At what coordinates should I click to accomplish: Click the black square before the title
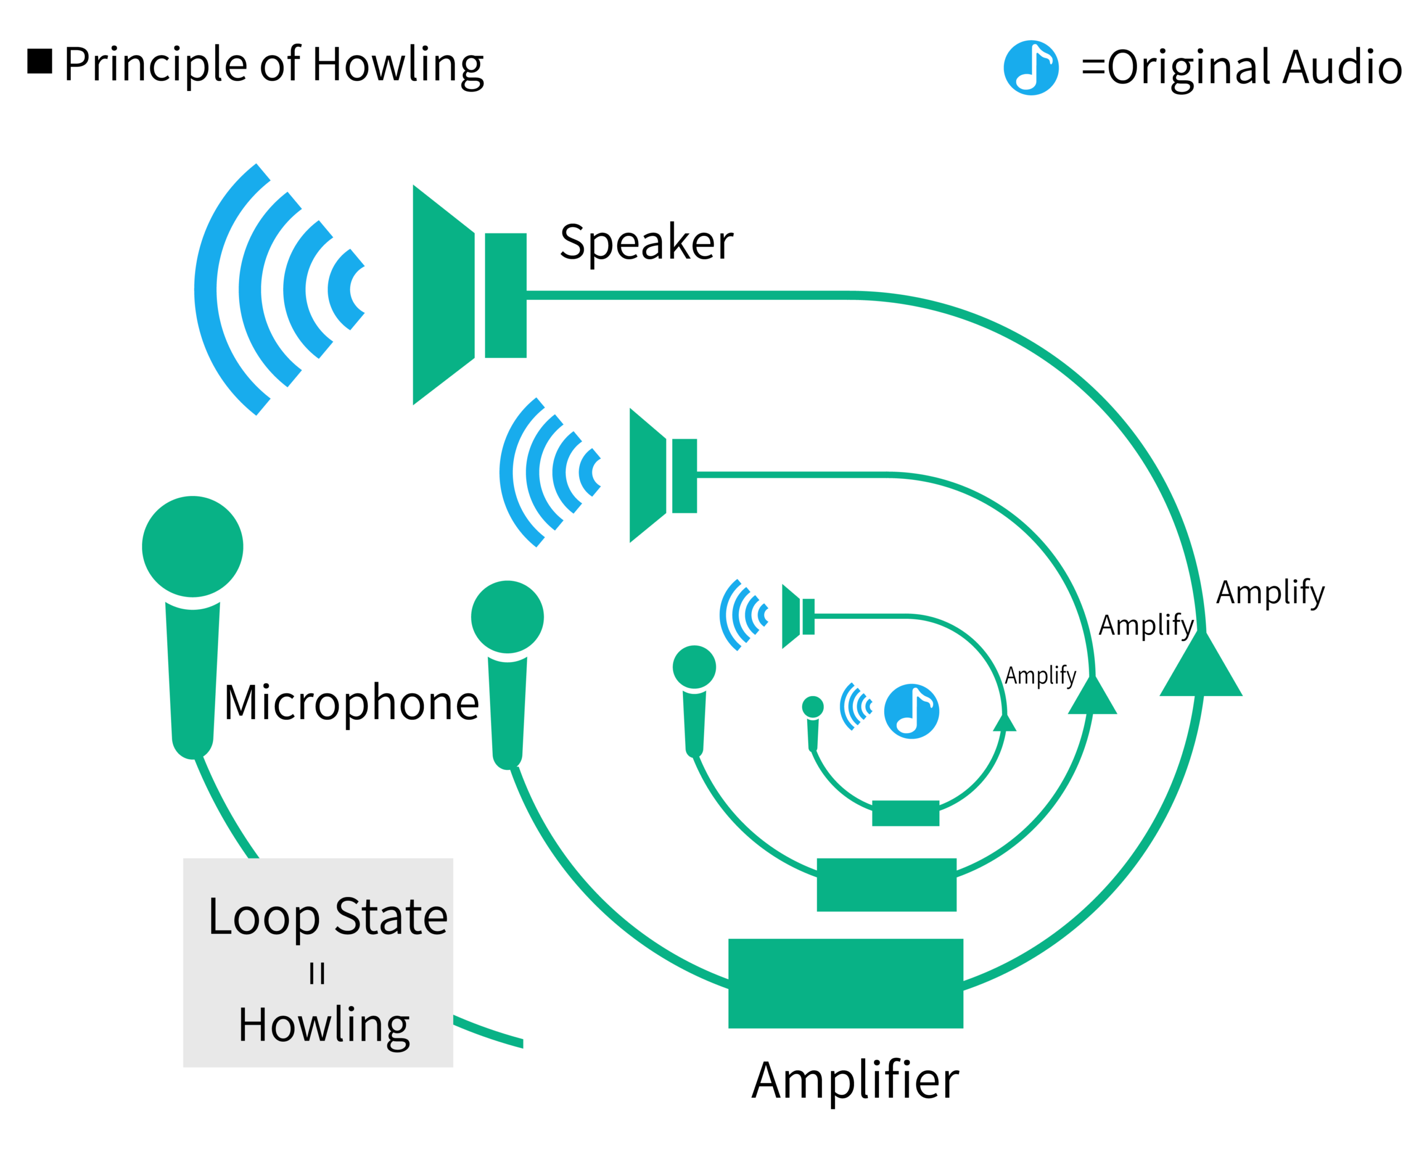point(40,61)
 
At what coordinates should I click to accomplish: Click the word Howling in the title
point(398,66)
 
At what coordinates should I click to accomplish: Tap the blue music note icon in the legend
point(1031,68)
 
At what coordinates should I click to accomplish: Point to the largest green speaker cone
point(443,295)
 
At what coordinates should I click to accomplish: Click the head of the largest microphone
point(192,546)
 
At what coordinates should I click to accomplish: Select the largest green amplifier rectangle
point(846,983)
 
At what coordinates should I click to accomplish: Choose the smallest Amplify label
point(1040,675)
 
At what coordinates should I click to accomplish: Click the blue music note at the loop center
point(911,711)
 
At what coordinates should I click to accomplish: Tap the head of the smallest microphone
point(813,707)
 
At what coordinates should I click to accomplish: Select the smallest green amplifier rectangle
point(905,813)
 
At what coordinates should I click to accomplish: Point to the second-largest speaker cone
point(647,475)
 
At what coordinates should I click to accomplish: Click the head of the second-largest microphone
point(507,617)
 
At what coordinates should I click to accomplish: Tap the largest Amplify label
point(1270,593)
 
